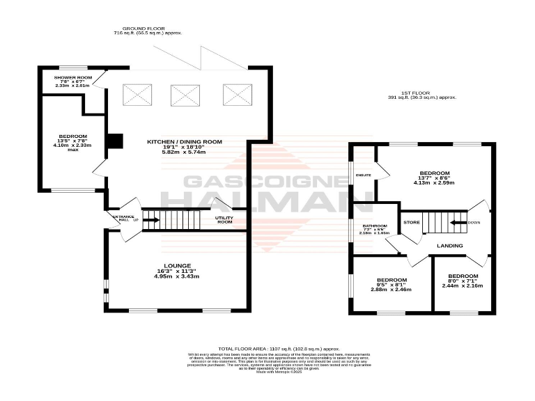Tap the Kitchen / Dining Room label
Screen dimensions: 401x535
coord(185,141)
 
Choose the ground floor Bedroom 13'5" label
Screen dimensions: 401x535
coord(73,135)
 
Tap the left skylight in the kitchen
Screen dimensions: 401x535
coord(137,95)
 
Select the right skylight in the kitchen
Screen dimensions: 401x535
coord(233,95)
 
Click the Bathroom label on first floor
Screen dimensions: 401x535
coord(375,226)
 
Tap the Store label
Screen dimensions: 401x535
coord(411,222)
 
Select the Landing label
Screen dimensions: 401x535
coord(450,246)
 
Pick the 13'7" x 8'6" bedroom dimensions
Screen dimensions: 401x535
coord(435,178)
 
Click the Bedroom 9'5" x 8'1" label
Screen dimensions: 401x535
coord(391,280)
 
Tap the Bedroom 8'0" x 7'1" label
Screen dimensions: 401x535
coord(462,276)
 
